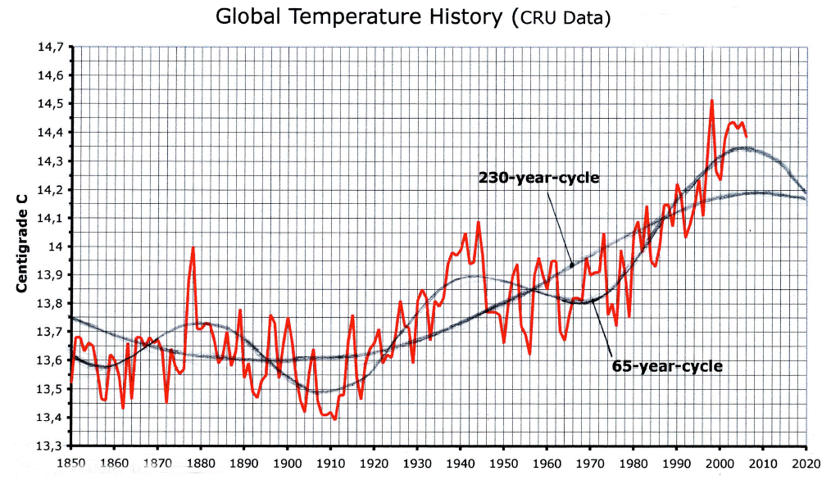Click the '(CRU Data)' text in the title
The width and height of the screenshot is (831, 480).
560,18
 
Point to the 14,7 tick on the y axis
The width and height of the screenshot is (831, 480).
50,47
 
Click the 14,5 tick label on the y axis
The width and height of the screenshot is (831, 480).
50,104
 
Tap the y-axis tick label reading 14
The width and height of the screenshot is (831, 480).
56,247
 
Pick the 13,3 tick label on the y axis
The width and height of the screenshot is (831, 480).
50,446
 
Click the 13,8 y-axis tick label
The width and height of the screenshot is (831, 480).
50,304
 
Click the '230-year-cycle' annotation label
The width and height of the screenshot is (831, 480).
538,178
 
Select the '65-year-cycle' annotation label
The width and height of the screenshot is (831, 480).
667,365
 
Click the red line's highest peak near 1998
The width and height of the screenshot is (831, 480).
711,101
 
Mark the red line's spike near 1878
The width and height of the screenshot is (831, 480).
193,247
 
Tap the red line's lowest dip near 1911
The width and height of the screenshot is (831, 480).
335,419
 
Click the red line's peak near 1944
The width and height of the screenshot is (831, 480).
478,221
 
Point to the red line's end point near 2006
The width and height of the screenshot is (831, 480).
746,137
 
